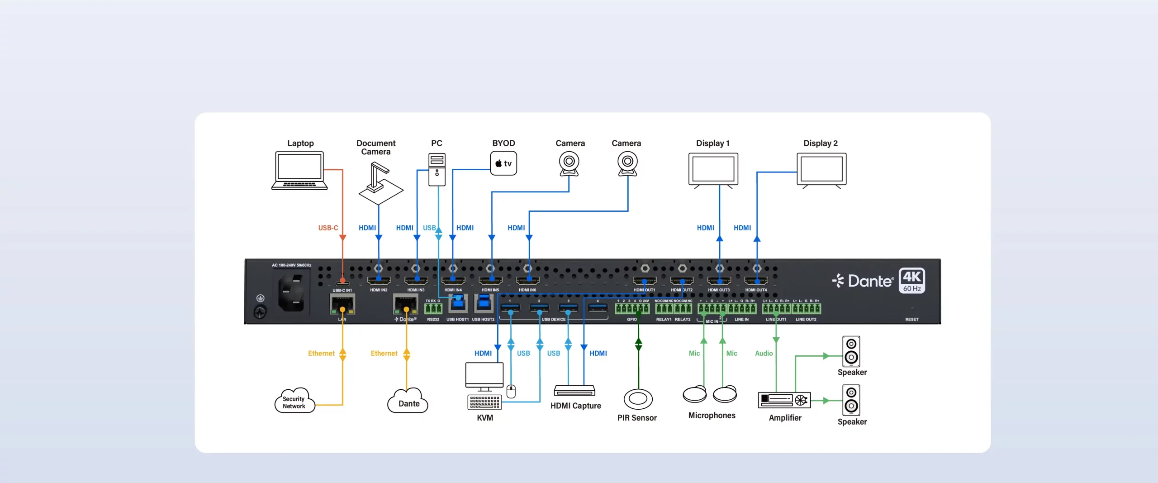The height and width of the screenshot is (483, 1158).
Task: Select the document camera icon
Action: pos(380,184)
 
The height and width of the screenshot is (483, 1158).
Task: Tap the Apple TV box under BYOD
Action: pos(503,163)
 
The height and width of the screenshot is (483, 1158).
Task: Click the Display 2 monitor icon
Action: pos(821,170)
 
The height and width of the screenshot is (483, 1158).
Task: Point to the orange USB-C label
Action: pos(328,228)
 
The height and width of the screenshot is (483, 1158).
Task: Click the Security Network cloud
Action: pos(294,401)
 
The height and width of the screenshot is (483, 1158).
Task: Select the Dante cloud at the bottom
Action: pos(408,402)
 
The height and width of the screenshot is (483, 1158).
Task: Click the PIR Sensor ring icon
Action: pos(638,399)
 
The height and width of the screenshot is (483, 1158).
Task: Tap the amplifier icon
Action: pos(784,400)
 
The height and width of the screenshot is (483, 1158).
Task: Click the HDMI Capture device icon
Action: pos(574,390)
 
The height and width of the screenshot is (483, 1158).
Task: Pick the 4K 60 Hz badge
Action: pos(912,281)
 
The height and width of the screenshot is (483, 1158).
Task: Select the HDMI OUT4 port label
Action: pos(756,290)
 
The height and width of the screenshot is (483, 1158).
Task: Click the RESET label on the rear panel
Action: pos(911,320)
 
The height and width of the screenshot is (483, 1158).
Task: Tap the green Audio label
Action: pos(764,353)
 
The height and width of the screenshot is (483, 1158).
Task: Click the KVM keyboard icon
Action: pos(484,402)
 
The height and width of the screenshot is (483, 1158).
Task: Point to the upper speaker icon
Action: pos(851,351)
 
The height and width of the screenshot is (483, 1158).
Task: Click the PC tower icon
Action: pos(437,169)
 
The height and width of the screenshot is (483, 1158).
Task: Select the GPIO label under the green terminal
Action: pos(631,320)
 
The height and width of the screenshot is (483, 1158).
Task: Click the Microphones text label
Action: pos(712,415)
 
